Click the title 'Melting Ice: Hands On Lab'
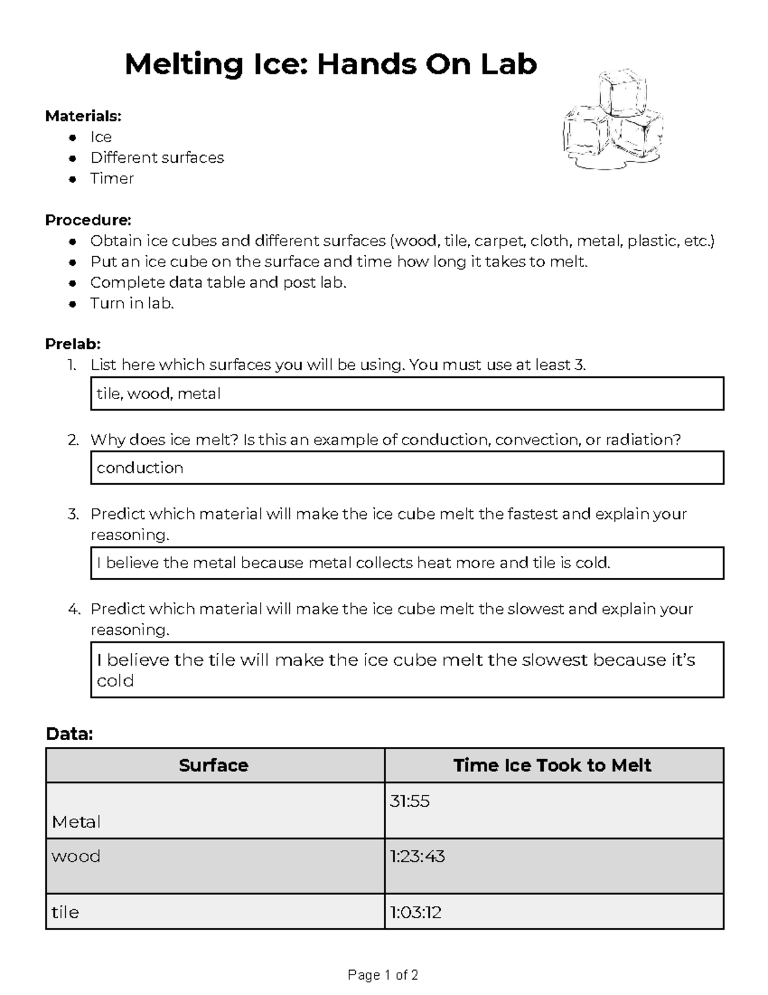pyautogui.click(x=330, y=64)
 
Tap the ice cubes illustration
pyautogui.click(x=613, y=121)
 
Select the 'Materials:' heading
pyautogui.click(x=83, y=116)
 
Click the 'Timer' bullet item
pyautogui.click(x=112, y=178)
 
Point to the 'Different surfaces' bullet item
pyautogui.click(x=157, y=158)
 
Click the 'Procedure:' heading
pyautogui.click(x=88, y=220)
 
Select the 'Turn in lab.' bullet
pyautogui.click(x=132, y=303)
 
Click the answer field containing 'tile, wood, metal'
pyautogui.click(x=407, y=393)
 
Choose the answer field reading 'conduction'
pyautogui.click(x=407, y=468)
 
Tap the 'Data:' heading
pyautogui.click(x=69, y=734)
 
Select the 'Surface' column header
pyautogui.click(x=214, y=765)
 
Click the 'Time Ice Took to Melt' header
pyautogui.click(x=552, y=765)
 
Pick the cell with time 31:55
pyautogui.click(x=554, y=810)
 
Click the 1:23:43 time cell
pyautogui.click(x=554, y=866)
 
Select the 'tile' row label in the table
pyautogui.click(x=65, y=912)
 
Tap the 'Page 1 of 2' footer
pyautogui.click(x=383, y=975)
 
